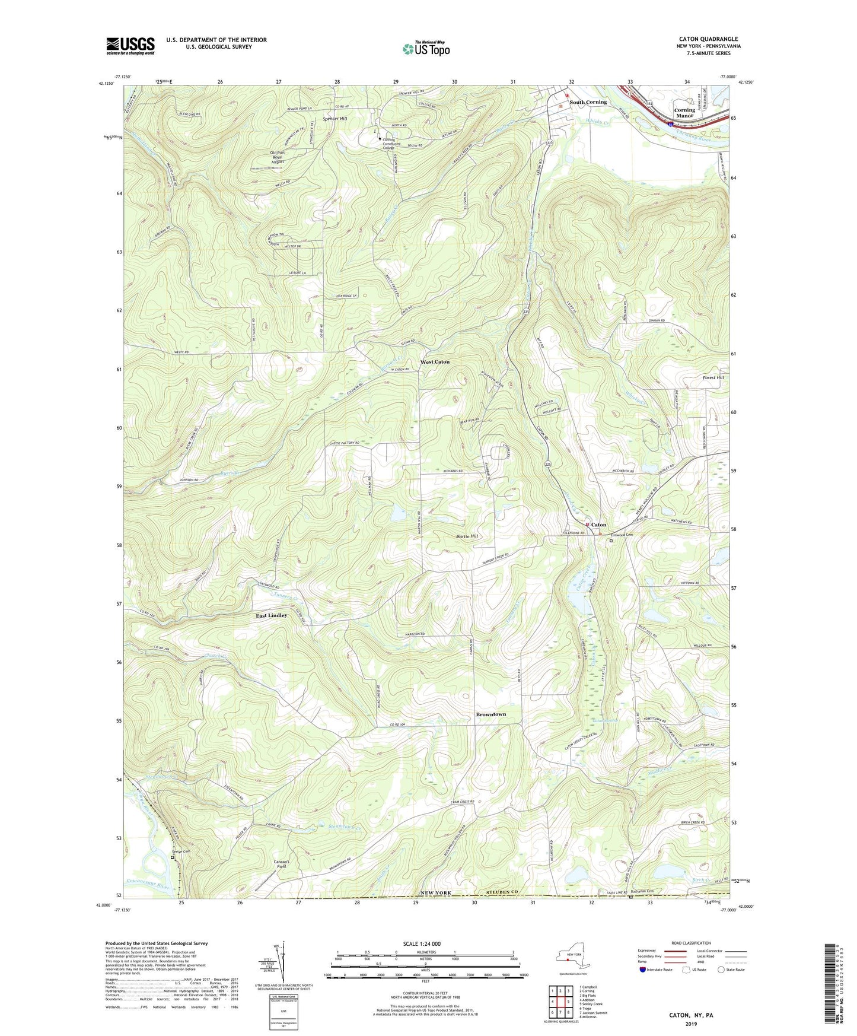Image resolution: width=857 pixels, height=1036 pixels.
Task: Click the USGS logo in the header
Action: [130, 46]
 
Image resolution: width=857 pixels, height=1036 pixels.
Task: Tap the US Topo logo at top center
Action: [426, 49]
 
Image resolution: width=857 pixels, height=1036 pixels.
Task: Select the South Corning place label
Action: [588, 102]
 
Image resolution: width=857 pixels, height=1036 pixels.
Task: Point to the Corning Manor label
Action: [684, 113]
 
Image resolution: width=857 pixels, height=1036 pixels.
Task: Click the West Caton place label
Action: [435, 361]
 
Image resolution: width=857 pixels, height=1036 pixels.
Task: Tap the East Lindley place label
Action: [271, 615]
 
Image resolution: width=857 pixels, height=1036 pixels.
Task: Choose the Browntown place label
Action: [490, 714]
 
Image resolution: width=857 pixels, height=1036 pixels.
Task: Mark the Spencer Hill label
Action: [335, 119]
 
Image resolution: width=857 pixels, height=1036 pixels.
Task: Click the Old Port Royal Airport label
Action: [277, 157]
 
